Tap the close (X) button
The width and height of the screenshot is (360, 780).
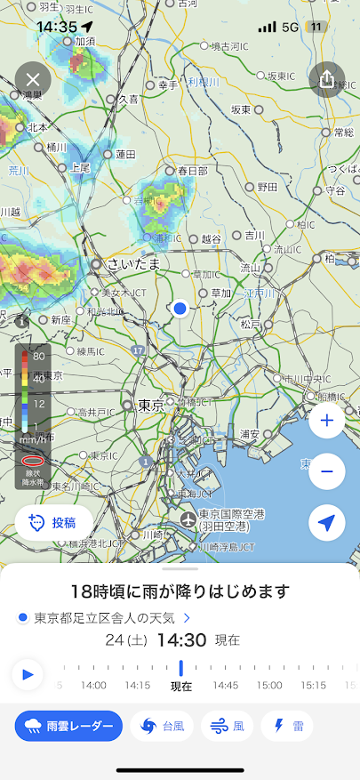(34, 80)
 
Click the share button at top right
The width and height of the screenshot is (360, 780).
(326, 79)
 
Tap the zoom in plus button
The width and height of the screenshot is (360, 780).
(326, 421)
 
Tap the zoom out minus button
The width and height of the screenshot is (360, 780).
(326, 471)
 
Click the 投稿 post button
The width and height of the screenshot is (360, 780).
(54, 523)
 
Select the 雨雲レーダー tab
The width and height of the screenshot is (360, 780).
(68, 726)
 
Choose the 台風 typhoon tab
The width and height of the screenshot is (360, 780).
(162, 726)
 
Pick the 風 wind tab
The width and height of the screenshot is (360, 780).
(228, 726)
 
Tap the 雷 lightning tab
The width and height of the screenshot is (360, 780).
(287, 726)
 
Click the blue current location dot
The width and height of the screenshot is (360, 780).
(180, 308)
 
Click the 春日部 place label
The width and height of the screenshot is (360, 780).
(192, 171)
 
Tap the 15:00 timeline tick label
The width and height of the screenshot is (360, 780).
(269, 685)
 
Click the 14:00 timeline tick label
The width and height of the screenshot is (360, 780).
(93, 685)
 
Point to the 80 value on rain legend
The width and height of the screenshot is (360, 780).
(39, 355)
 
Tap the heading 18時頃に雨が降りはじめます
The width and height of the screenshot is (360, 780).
(180, 591)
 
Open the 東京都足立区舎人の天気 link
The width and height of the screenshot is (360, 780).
(105, 616)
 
